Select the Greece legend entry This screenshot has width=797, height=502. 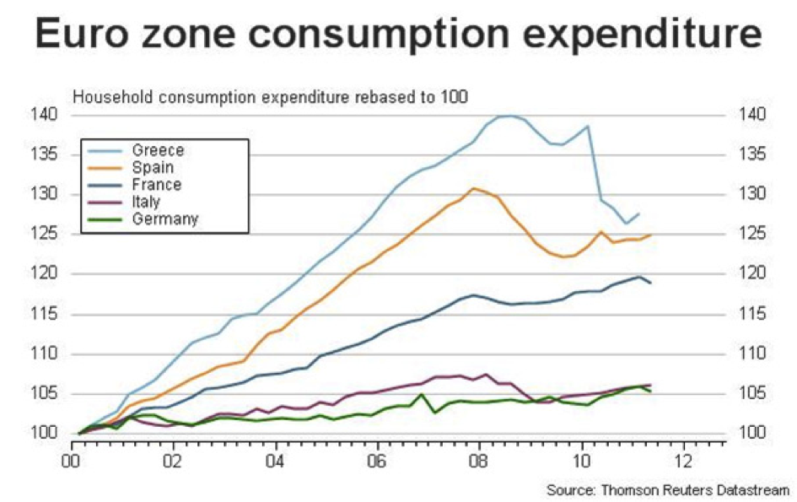pyautogui.click(x=158, y=150)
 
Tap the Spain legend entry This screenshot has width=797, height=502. pyautogui.click(x=153, y=167)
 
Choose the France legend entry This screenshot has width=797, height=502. pyautogui.click(x=156, y=184)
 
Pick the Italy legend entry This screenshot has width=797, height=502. pyautogui.click(x=146, y=202)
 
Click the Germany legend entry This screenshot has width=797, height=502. pyautogui.click(x=164, y=219)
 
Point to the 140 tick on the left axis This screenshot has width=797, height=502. pyautogui.click(x=46, y=115)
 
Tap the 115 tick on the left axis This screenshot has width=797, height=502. pyautogui.click(x=46, y=315)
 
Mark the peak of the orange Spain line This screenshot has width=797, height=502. pyautogui.click(x=475, y=188)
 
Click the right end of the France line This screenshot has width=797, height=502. pyautogui.click(x=650, y=283)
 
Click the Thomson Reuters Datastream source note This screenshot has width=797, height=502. pyautogui.click(x=667, y=490)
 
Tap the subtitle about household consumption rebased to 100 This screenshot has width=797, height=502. pyautogui.click(x=270, y=96)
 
